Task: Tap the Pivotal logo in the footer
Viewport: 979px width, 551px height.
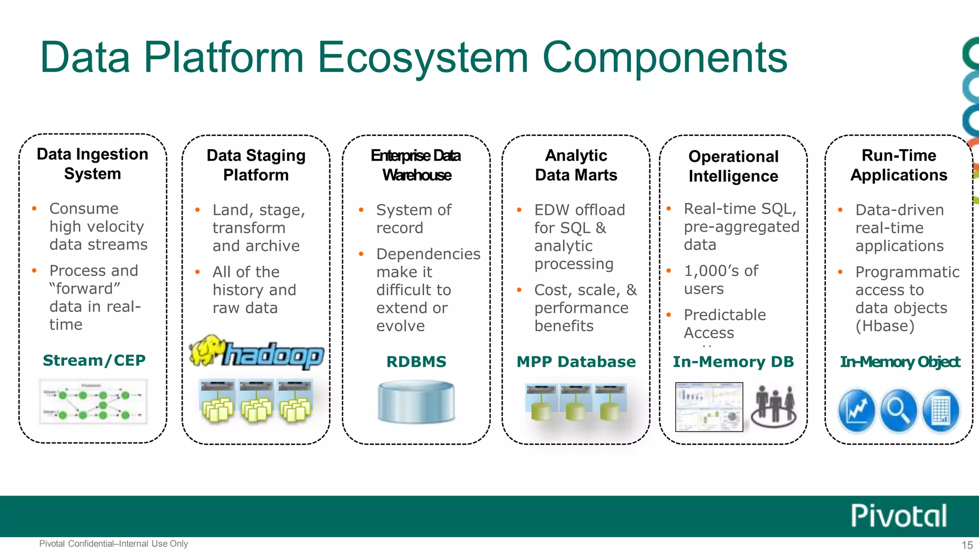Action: tap(899, 516)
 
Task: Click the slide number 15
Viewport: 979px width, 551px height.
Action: tap(967, 545)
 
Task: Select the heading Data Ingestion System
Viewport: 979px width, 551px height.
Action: tap(93, 164)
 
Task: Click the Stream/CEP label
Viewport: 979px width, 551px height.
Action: tap(94, 360)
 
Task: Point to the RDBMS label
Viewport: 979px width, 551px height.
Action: tap(416, 362)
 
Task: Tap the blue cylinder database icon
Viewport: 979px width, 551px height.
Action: tap(416, 401)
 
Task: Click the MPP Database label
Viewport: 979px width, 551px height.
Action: tap(576, 362)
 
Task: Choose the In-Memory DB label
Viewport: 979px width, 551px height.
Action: tap(733, 362)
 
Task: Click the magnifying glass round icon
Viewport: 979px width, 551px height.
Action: tap(899, 410)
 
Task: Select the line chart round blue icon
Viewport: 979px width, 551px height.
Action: tap(857, 410)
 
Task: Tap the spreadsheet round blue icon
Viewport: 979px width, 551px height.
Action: tap(940, 410)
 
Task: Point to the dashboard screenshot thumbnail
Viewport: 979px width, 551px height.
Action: tap(709, 407)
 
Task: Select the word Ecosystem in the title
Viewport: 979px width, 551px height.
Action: tap(423, 57)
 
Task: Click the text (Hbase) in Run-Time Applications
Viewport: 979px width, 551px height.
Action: tap(884, 326)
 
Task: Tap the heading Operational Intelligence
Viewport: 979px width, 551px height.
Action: tap(733, 166)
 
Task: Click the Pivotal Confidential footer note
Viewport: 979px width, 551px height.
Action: tap(113, 544)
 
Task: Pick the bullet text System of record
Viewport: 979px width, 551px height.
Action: tap(413, 219)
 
